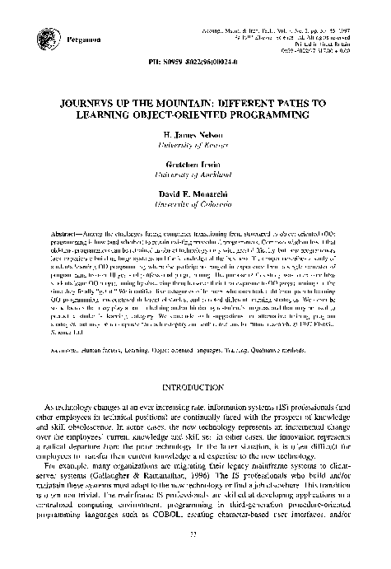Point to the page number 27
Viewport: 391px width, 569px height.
pos(196,556)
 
